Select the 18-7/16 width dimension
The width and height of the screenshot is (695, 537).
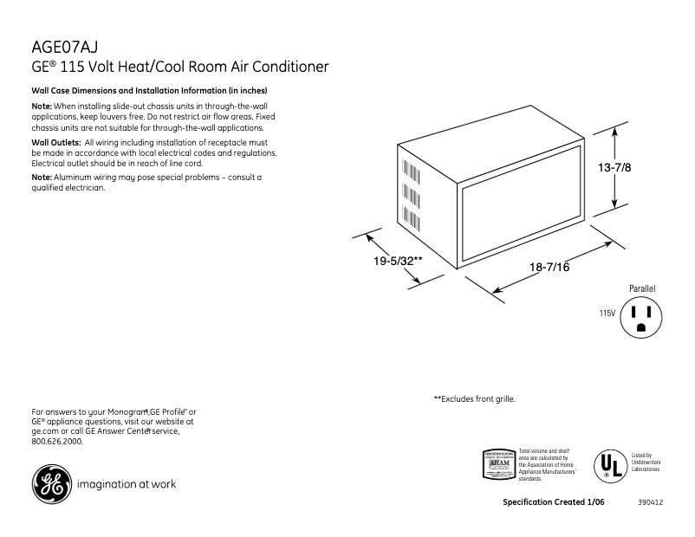coord(549,268)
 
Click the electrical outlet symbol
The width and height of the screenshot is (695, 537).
coord(640,317)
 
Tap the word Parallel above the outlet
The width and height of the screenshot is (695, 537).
coord(641,288)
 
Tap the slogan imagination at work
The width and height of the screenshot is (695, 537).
coord(127,484)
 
